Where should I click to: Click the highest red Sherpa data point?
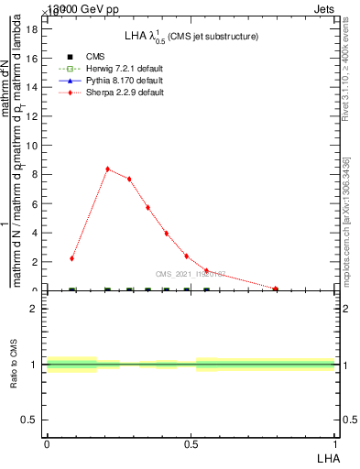coord(108,169)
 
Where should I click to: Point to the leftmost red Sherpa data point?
coord(71,258)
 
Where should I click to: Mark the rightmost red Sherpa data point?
coord(275,289)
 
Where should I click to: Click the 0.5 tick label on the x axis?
coord(191,443)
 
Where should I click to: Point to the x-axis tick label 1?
coord(335,443)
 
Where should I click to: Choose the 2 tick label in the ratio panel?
coord(34,309)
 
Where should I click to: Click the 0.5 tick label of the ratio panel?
coord(29,420)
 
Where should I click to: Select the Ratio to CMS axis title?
coord(14,364)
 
